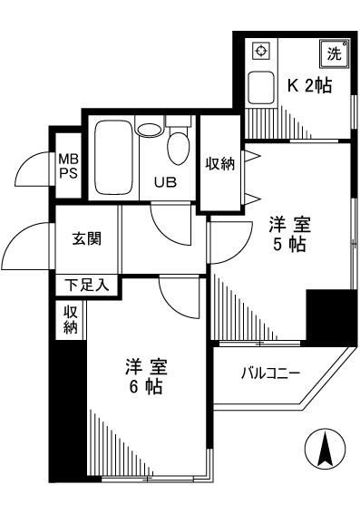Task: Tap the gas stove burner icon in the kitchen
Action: [x=259, y=51]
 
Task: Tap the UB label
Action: [x=164, y=180]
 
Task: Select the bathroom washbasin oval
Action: [x=149, y=130]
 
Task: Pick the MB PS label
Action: [x=68, y=166]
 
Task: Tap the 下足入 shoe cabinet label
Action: [x=86, y=285]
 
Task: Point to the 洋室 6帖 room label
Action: [x=146, y=378]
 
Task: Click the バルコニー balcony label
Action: [x=270, y=372]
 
